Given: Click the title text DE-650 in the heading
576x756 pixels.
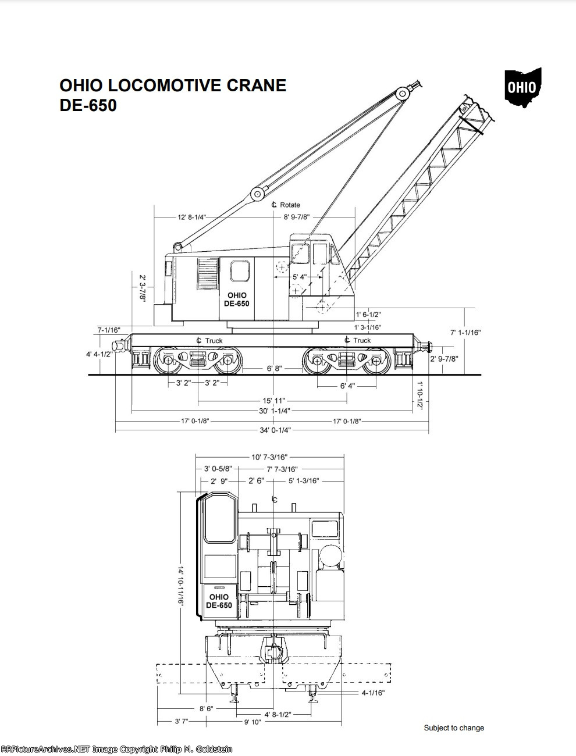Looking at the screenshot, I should tap(88, 105).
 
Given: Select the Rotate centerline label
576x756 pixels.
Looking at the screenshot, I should tap(286, 205).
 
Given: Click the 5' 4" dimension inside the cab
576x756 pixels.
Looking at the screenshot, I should tap(299, 277).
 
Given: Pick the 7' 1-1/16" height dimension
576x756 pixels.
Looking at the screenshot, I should tap(465, 333).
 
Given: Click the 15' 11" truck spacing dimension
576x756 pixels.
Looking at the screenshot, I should tap(273, 401).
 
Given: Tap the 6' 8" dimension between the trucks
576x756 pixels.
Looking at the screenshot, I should tap(275, 368).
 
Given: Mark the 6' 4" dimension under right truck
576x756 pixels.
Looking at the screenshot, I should tap(347, 386).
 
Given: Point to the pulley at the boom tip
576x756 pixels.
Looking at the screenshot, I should tap(402, 94).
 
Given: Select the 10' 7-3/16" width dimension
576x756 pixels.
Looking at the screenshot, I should tap(270, 458).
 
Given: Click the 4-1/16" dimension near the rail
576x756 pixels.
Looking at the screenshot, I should tap(373, 693).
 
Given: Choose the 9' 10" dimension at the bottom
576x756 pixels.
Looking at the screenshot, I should tap(253, 722).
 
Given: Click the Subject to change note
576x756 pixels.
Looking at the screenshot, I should tap(454, 728).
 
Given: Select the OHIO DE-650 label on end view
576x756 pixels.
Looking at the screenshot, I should tap(219, 601).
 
